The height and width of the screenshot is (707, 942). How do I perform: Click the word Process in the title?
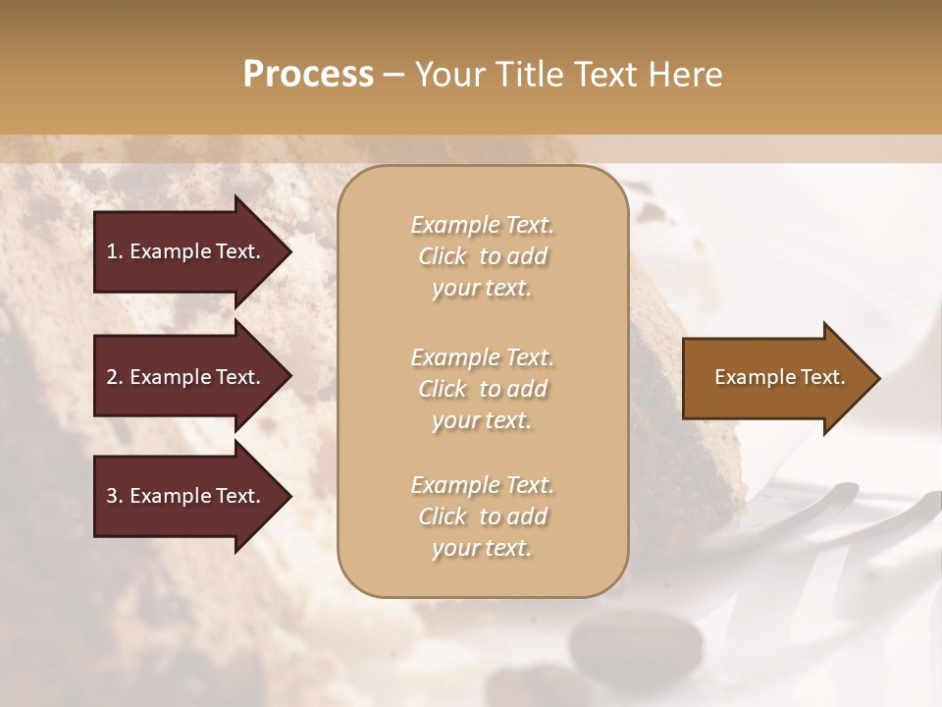click(308, 75)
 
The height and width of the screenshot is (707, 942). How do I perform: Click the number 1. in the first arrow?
click(114, 251)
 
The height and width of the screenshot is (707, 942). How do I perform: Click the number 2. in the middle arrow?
click(114, 377)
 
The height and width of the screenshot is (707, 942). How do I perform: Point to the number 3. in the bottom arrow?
click(114, 496)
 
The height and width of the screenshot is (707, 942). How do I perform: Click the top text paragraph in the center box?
click(482, 256)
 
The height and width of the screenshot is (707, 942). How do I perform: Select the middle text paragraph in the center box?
click(482, 388)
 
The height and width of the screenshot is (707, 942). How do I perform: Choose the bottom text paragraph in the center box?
click(482, 517)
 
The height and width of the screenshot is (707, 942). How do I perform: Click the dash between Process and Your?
click(394, 75)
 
